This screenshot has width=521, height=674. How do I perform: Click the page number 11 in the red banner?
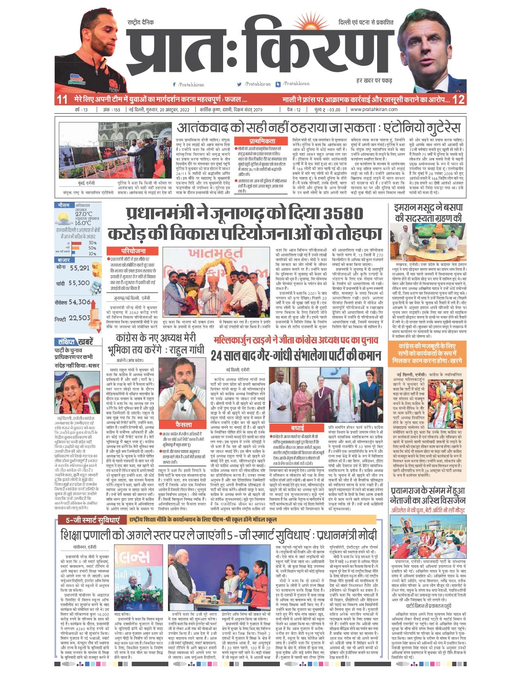tap(62, 99)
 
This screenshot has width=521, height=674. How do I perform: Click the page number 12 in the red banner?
tap(458, 99)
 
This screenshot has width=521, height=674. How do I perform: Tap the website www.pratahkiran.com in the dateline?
tap(374, 109)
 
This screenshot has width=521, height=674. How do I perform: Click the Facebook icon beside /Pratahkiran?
tap(174, 85)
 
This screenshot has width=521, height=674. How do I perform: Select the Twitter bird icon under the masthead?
tap(239, 84)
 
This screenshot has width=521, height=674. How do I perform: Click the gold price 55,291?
tap(79, 268)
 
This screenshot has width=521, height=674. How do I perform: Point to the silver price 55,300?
tap(79, 283)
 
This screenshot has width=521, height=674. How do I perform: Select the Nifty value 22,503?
tap(79, 318)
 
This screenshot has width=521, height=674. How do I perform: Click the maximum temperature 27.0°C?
tap(83, 214)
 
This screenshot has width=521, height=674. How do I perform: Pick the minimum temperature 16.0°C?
tap(83, 223)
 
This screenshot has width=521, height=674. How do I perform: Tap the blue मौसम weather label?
tap(64, 205)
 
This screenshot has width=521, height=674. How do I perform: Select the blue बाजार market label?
tap(64, 260)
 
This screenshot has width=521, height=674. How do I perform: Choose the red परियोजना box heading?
tap(133, 251)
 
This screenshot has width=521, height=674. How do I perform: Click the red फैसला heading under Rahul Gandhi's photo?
tap(183, 425)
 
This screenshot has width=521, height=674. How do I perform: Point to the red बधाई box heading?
tap(297, 428)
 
